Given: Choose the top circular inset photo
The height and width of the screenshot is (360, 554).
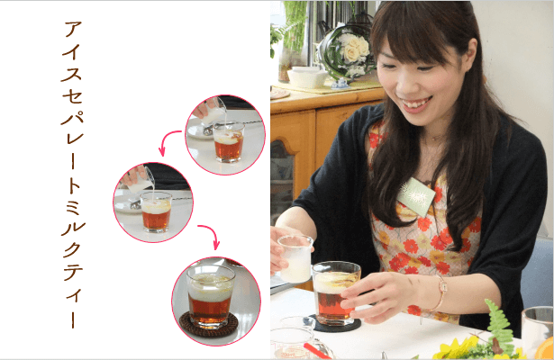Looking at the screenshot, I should [x=225, y=134].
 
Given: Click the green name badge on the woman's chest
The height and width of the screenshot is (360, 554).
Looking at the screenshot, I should [x=417, y=196].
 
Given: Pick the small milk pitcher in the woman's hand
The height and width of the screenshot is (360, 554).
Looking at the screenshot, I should [x=295, y=258].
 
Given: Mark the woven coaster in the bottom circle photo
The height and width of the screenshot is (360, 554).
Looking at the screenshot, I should [x=208, y=325].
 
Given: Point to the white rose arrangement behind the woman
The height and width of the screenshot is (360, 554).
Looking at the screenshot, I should [x=346, y=49].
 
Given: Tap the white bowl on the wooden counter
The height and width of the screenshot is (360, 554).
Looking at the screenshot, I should [x=305, y=77].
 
